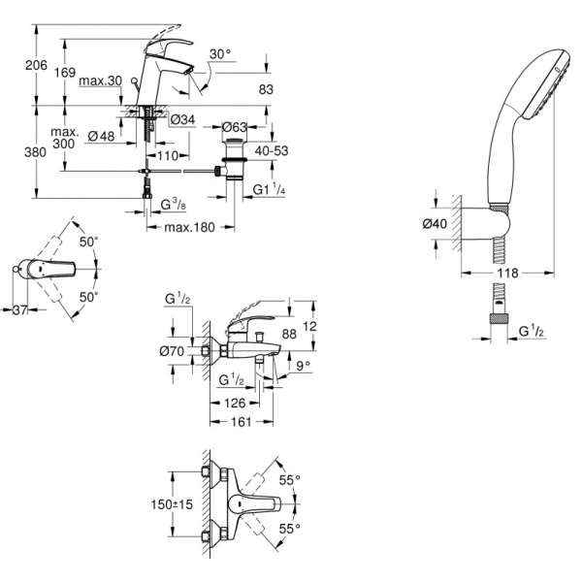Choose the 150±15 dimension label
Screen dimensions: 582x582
click(x=150, y=504)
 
